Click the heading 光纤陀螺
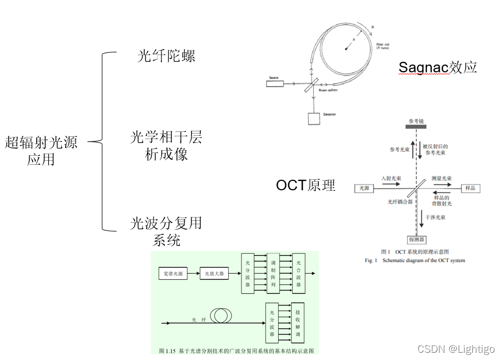click(166, 56)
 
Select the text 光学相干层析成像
click(166, 145)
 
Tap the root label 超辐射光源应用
click(41, 151)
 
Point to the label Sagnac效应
click(438, 68)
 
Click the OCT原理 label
click(305, 185)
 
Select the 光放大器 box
click(214, 273)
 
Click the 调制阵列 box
click(273, 273)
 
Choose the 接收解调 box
click(298, 324)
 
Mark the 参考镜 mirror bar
click(416, 126)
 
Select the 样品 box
click(470, 188)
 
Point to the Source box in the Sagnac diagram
click(274, 84)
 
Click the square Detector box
click(314, 119)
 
